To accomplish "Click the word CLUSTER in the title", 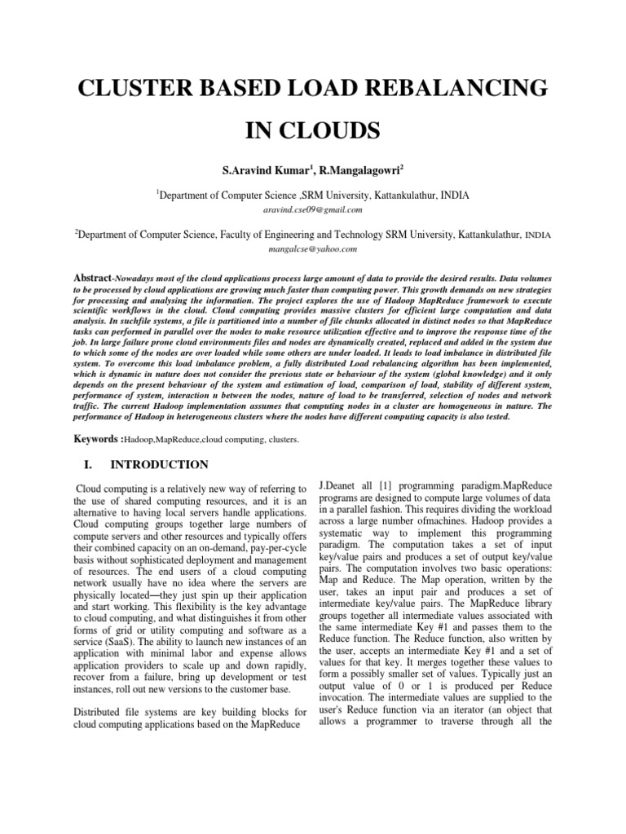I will point(131,89).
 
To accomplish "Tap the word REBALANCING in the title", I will point(454,89).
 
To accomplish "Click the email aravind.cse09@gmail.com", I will point(312,209).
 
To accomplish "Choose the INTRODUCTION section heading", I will point(160,465).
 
